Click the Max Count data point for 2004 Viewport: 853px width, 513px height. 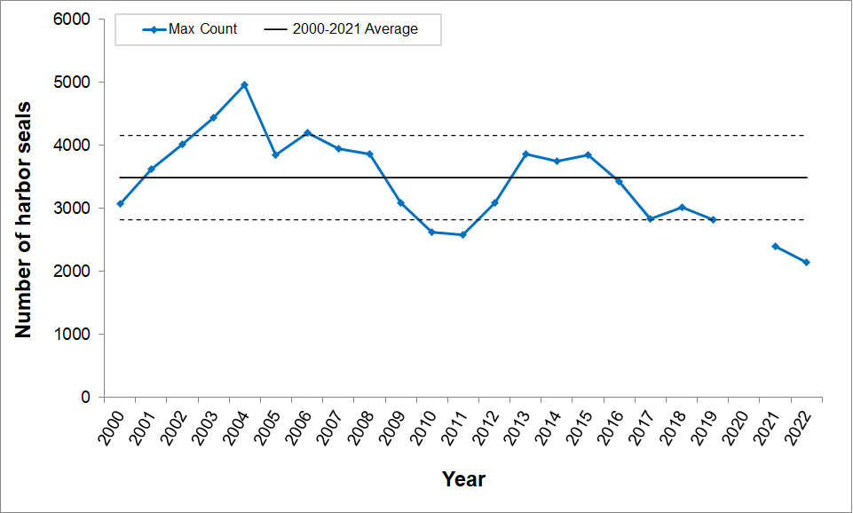244,85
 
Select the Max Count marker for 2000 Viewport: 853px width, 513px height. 120,203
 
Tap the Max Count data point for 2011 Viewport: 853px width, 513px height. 462,234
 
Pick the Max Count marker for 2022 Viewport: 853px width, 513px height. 806,262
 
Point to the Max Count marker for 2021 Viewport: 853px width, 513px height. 775,246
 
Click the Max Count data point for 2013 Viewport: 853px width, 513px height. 525,154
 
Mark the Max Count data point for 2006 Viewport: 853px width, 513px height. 307,133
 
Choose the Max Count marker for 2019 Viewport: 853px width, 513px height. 713,219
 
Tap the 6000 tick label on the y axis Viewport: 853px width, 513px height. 75,19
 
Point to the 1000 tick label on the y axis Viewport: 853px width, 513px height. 75,335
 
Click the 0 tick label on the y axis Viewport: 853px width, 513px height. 86,398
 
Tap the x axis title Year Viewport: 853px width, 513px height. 463,479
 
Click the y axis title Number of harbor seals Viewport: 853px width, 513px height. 24,219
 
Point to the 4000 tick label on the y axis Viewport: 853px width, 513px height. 75,146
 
